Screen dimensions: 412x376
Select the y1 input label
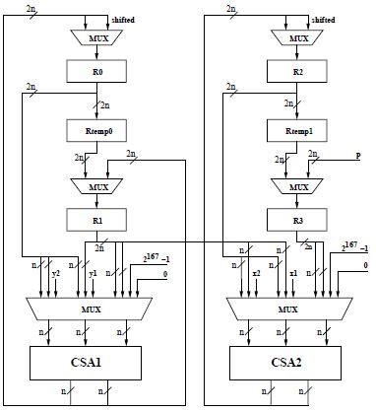tap(93, 272)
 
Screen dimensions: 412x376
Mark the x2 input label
tap(256, 272)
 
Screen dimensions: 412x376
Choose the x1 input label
tap(292, 272)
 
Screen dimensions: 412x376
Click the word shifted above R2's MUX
tap(323, 19)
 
